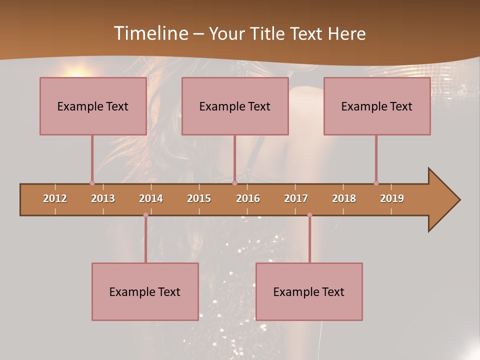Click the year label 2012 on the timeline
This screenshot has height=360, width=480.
click(x=55, y=198)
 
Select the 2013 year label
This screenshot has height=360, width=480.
click(x=103, y=198)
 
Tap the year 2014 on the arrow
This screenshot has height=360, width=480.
click(x=151, y=198)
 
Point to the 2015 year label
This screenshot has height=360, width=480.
click(x=199, y=198)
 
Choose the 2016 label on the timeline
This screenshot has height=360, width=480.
click(x=248, y=198)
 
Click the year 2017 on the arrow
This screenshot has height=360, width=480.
click(x=296, y=198)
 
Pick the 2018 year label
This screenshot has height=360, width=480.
click(x=344, y=198)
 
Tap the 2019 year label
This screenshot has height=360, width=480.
click(x=392, y=198)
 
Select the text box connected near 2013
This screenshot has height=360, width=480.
click(x=93, y=106)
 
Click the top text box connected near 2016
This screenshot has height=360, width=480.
click(x=235, y=106)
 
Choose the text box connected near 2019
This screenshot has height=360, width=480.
click(x=377, y=106)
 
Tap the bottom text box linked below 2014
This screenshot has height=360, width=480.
click(x=145, y=291)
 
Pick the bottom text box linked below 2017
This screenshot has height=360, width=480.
click(x=309, y=291)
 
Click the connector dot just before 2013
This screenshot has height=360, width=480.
click(x=92, y=183)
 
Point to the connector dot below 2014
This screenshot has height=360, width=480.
click(x=145, y=215)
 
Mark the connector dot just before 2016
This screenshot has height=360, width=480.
click(x=234, y=183)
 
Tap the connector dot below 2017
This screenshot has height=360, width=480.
click(x=309, y=215)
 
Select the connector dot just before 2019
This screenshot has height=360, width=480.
click(x=376, y=183)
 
